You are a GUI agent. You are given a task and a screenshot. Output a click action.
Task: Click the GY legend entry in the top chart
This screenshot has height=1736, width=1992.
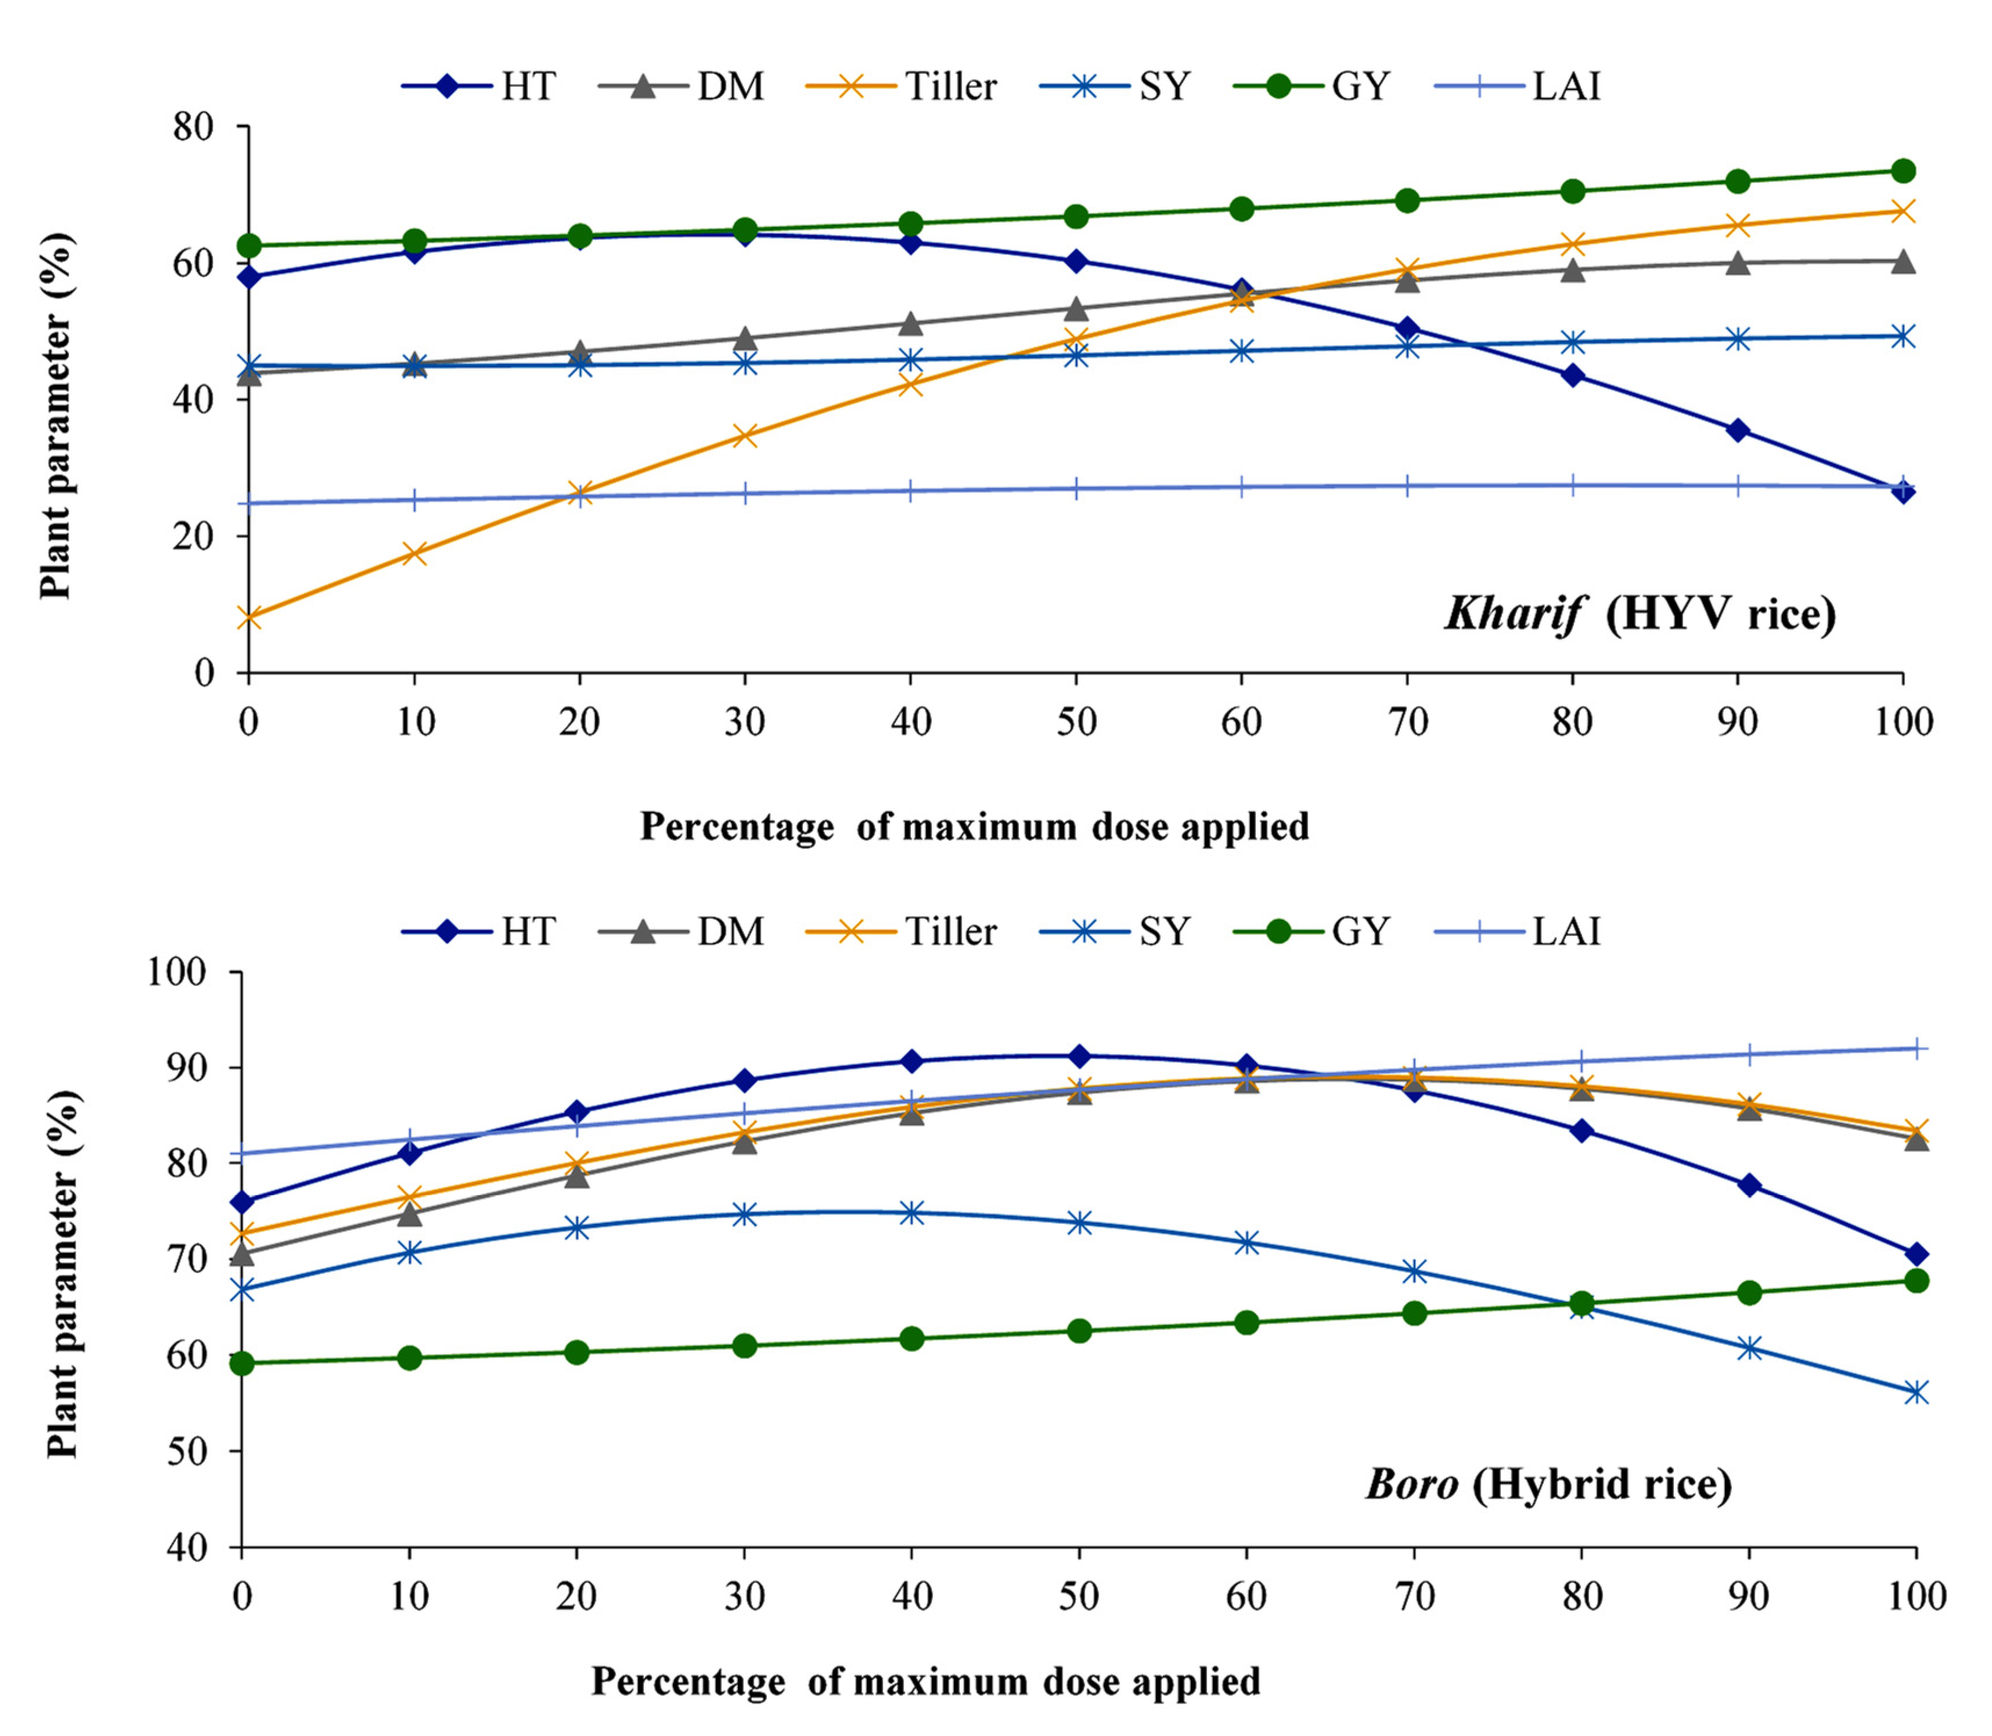(x=1313, y=86)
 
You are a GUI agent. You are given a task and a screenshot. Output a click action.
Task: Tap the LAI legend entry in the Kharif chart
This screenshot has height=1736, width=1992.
(x=1518, y=86)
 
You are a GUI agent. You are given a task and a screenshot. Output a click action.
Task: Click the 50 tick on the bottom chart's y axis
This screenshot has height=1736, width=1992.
(x=187, y=1451)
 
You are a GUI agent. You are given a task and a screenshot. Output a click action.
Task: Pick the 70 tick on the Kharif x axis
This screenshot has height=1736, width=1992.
(x=1407, y=722)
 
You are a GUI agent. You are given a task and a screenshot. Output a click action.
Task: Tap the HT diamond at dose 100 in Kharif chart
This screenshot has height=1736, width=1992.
(x=1903, y=491)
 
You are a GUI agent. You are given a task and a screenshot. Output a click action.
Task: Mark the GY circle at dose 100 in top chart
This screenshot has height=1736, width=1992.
(x=1903, y=171)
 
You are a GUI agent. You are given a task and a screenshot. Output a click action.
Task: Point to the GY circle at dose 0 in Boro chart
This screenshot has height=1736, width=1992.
(x=242, y=1363)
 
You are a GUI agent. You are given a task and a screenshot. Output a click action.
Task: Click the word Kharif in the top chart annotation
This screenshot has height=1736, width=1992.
(x=1514, y=613)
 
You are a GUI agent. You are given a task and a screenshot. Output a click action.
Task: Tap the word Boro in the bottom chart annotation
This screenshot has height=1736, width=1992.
(x=1411, y=1483)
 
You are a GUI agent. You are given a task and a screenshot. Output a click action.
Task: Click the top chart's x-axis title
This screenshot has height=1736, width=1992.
(x=974, y=826)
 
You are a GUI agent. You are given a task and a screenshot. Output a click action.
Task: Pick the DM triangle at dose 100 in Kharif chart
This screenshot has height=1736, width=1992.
(x=1903, y=261)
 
